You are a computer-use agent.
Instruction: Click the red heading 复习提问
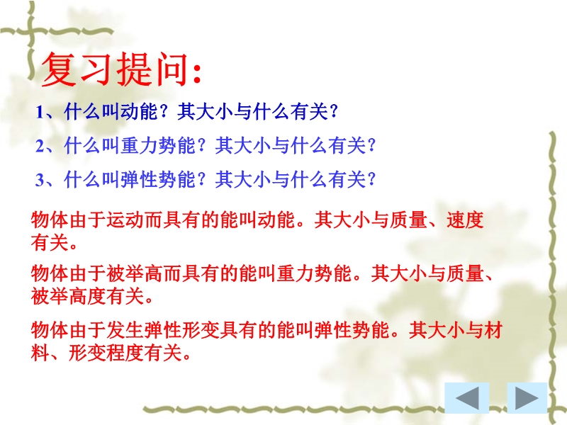(x=116, y=69)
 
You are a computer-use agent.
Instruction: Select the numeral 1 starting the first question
(x=40, y=113)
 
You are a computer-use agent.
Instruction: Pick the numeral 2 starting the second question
(x=40, y=147)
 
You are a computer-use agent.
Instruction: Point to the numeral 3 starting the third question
(x=40, y=180)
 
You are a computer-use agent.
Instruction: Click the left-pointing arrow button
(x=466, y=398)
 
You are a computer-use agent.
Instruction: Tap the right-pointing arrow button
(x=527, y=398)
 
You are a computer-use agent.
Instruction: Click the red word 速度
(x=465, y=220)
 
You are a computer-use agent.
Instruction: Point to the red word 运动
(x=125, y=220)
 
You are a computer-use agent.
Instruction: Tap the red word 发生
(x=125, y=330)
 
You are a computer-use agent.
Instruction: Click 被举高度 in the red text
(x=69, y=297)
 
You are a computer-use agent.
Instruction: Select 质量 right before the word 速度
(x=409, y=220)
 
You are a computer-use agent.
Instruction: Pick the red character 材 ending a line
(x=493, y=330)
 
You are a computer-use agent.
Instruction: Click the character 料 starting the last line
(x=40, y=353)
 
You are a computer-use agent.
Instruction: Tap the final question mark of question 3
(x=371, y=180)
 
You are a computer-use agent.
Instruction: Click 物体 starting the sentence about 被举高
(x=50, y=273)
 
